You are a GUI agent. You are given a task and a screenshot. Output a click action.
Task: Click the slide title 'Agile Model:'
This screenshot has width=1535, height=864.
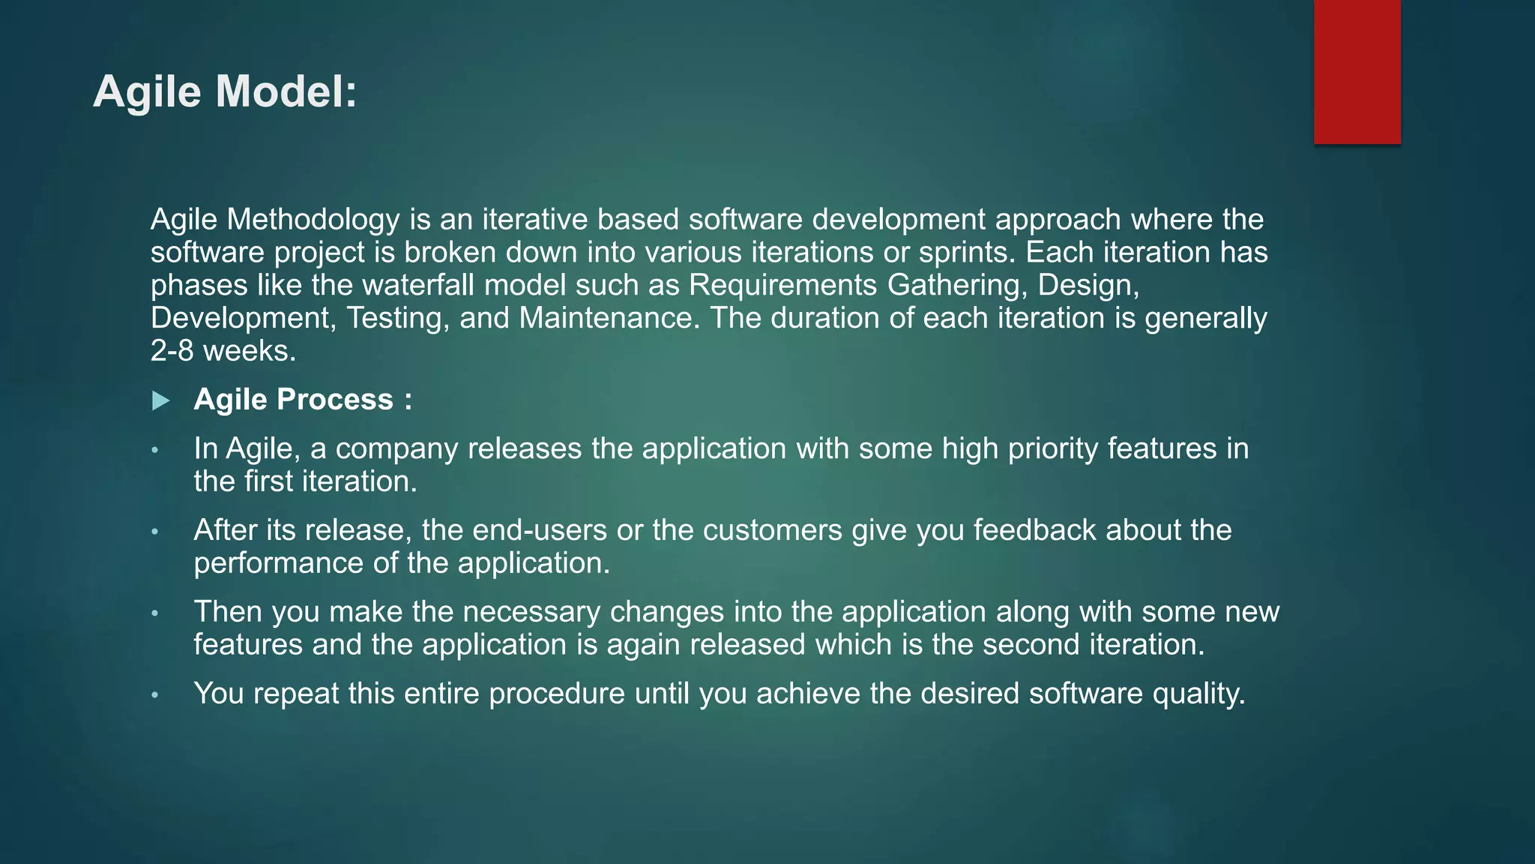pyautogui.click(x=225, y=91)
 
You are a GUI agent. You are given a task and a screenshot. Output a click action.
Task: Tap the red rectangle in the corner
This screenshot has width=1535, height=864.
pyautogui.click(x=1357, y=71)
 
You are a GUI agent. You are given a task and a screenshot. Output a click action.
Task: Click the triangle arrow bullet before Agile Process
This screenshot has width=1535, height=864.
pyautogui.click(x=160, y=401)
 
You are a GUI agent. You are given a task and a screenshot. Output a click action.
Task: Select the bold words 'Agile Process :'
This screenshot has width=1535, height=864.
pyautogui.click(x=303, y=400)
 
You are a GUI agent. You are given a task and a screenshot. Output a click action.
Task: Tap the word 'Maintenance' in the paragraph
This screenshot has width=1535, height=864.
pyautogui.click(x=609, y=319)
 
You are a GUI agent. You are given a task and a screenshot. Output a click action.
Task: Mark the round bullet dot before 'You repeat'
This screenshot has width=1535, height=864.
pyautogui.click(x=155, y=695)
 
